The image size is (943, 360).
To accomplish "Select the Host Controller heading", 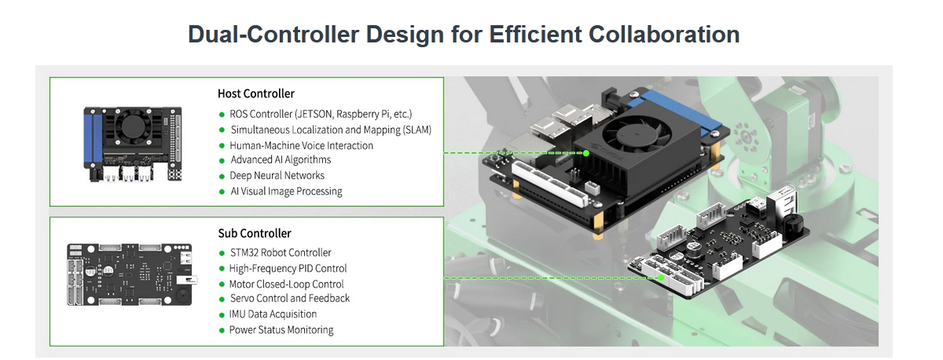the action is (x=256, y=94).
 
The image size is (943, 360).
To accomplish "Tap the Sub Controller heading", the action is (x=255, y=233).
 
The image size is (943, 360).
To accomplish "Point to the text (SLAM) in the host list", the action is (x=417, y=130).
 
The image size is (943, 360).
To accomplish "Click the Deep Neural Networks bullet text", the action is (x=277, y=175).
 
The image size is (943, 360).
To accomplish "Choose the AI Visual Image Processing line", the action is (x=286, y=192).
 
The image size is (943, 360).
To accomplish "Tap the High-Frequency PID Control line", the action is (x=288, y=269).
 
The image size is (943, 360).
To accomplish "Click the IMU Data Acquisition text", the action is (x=273, y=314).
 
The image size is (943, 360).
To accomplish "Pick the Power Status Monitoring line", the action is (x=281, y=330).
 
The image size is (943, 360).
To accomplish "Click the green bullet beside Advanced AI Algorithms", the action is (x=222, y=161).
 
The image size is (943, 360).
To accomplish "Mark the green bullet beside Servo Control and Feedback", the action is (x=222, y=299).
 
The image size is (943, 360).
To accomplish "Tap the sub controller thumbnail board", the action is (x=131, y=274).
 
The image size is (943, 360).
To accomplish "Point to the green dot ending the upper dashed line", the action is (x=586, y=153).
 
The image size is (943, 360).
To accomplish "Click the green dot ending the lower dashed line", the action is (x=661, y=278).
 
